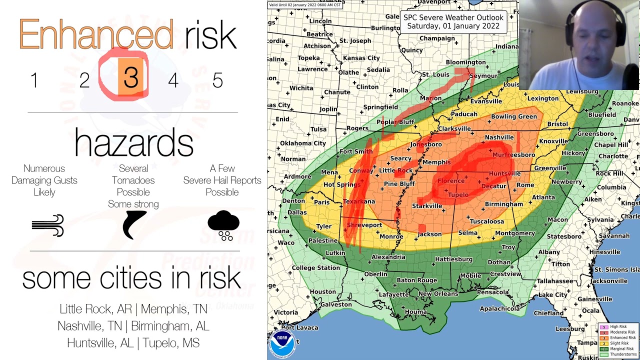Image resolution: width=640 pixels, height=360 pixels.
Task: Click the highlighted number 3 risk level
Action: [x=130, y=78]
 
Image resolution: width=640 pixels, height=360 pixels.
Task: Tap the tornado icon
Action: [x=134, y=224]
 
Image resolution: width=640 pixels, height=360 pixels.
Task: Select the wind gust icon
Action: [x=48, y=225]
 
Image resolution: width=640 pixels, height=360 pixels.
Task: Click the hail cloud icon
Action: [x=223, y=225]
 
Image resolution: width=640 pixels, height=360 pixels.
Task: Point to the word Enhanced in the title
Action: [x=96, y=35]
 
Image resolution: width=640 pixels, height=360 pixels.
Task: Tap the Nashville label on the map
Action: [x=498, y=137]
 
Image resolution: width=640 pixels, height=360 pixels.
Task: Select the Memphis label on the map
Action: [x=436, y=162]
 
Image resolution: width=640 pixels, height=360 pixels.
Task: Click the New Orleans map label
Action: [x=438, y=293]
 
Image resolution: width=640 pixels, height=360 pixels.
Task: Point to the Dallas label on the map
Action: [x=297, y=212]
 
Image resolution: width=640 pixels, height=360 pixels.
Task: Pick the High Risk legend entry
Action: [x=618, y=327]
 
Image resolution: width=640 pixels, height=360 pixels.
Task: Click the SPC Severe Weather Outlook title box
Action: [x=453, y=21]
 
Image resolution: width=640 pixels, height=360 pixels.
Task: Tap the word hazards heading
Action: [x=133, y=142]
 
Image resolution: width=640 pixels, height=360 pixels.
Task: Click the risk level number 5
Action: [x=217, y=80]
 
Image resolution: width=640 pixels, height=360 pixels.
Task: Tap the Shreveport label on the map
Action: [x=364, y=225]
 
